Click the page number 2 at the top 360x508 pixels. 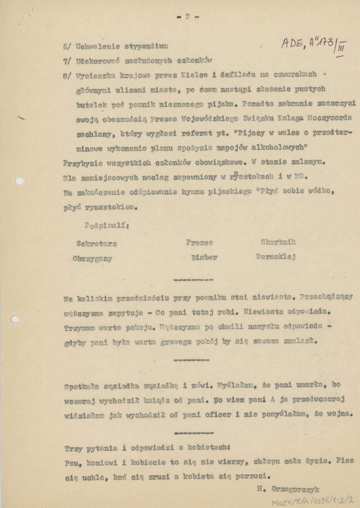[x=187, y=16]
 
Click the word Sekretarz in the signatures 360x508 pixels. [x=96, y=244]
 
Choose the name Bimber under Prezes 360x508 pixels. [x=204, y=258]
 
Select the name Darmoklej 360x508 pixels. [x=276, y=257]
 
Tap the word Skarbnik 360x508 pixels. [x=278, y=242]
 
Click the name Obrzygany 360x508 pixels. [x=93, y=259]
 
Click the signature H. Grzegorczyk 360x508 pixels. [x=288, y=489]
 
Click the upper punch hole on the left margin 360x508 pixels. [x=19, y=181]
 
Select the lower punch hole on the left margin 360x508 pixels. [x=15, y=319]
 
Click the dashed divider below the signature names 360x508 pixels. [x=193, y=280]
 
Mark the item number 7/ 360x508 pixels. [x=67, y=61]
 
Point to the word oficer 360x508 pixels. [x=218, y=415]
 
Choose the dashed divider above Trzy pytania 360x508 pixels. [x=194, y=433]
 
